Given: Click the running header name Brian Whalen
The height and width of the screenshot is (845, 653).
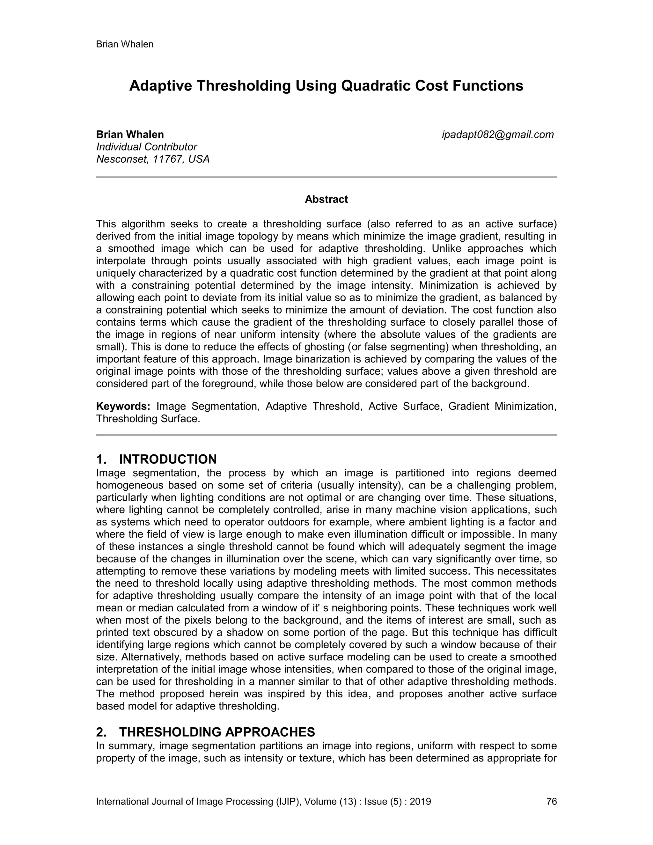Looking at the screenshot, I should pyautogui.click(x=125, y=44).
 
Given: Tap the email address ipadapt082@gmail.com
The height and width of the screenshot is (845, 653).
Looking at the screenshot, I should pyautogui.click(x=498, y=135).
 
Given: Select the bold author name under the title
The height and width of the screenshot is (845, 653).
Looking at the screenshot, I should pyautogui.click(x=130, y=135).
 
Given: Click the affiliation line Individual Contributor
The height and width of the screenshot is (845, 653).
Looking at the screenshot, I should pyautogui.click(x=147, y=147).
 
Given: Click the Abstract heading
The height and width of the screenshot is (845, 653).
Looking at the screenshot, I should pyautogui.click(x=326, y=199).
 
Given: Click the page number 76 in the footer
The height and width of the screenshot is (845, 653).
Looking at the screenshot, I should pyautogui.click(x=551, y=801).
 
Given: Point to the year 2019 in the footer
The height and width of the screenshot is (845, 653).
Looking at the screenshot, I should pyautogui.click(x=420, y=801).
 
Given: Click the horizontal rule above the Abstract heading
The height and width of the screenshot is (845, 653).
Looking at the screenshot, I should pyautogui.click(x=326, y=177).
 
